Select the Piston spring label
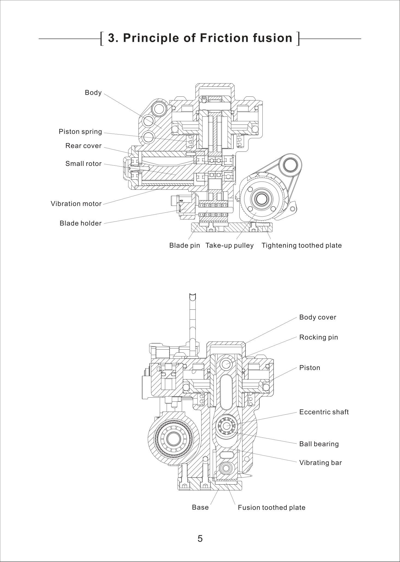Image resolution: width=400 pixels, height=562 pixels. click(80, 132)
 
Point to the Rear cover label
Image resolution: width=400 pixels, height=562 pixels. click(83, 146)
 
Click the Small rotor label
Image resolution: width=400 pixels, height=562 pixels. click(83, 164)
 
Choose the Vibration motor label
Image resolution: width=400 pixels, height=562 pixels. click(76, 204)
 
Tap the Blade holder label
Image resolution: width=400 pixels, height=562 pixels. click(81, 223)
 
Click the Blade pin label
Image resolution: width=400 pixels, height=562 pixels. click(185, 245)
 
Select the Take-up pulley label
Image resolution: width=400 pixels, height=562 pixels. click(229, 245)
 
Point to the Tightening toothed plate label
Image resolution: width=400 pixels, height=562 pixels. click(301, 245)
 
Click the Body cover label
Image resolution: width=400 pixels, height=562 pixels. click(318, 317)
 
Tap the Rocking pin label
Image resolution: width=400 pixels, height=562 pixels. click(318, 337)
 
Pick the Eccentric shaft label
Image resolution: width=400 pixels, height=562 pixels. click(324, 412)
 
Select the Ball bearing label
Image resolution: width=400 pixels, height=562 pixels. click(319, 444)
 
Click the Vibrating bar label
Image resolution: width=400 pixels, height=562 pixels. click(320, 463)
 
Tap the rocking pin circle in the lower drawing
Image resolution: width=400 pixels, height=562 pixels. click(226, 364)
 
